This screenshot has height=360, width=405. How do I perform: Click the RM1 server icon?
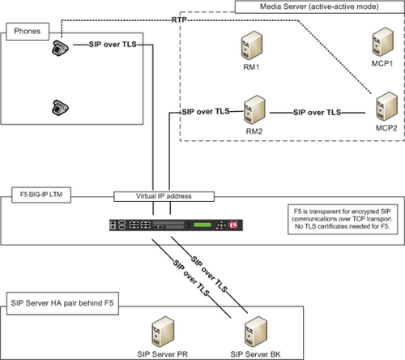click(x=252, y=45)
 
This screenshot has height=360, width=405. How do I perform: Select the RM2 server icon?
click(x=254, y=109)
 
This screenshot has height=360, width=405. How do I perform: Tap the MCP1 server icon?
click(x=382, y=41)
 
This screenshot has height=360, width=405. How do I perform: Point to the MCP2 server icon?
click(x=386, y=106)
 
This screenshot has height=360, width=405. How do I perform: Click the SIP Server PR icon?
click(x=163, y=332)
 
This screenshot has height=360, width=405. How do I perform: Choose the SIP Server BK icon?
click(x=256, y=332)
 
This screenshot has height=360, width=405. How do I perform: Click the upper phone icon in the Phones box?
click(x=60, y=48)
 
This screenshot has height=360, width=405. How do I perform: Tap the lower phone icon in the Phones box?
click(x=60, y=108)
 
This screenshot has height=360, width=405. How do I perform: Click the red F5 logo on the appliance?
click(x=233, y=225)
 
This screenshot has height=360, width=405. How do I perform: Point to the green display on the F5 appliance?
click(x=202, y=225)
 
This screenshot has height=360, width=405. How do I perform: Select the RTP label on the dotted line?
click(x=179, y=20)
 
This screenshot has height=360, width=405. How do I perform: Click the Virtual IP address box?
click(x=164, y=196)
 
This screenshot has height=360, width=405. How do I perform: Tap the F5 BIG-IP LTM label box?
click(x=41, y=195)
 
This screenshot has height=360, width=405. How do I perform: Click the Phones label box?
click(x=28, y=32)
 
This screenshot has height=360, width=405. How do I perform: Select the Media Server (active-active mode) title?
click(x=319, y=6)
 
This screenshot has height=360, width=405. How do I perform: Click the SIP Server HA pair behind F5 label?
click(x=62, y=303)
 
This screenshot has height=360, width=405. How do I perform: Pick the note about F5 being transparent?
click(x=343, y=219)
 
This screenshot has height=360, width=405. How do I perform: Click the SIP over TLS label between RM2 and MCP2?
click(x=318, y=113)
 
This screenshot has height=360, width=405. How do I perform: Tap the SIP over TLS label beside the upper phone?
click(x=113, y=45)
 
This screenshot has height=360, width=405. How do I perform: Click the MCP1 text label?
click(x=382, y=63)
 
